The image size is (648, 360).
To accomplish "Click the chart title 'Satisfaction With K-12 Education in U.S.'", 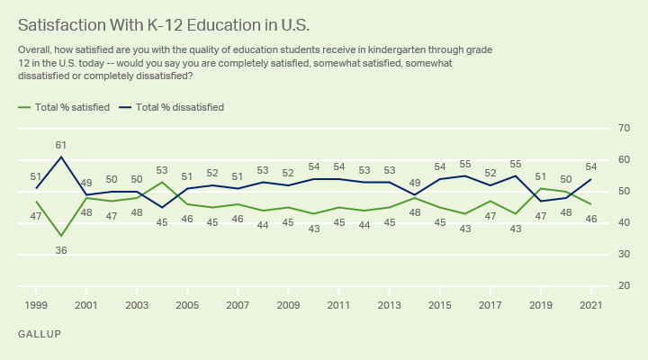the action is coord(164,25).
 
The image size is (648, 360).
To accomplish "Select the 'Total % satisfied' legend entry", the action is coord(64,107).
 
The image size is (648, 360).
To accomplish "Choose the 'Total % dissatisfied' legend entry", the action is coord(172,107).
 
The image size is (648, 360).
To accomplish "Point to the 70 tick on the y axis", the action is coord(624,128).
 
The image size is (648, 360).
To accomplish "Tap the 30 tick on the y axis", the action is coord(624,254).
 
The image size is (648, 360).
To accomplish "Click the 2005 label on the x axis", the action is coord(187,305).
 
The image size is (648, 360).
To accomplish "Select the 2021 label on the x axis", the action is coord(591,305).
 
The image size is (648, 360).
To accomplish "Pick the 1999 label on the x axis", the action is coord(36,305).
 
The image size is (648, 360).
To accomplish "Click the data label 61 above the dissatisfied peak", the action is coord(61,145).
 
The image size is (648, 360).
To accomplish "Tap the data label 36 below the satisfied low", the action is coord(61,250).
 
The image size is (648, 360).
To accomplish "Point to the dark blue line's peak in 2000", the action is coord(61,157).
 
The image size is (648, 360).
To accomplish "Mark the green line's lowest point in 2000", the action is coord(61,236).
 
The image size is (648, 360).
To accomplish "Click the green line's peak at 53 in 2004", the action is coord(162,182).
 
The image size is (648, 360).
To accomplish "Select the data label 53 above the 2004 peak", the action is coord(162,170).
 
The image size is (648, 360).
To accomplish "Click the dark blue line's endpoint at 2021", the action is coord(590,179).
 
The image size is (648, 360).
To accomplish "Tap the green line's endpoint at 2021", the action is coord(590,204).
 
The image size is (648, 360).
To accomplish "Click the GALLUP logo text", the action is coord(40,334).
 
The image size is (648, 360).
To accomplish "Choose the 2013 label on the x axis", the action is coord(390,305).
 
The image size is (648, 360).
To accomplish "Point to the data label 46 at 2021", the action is coord(591,219).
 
